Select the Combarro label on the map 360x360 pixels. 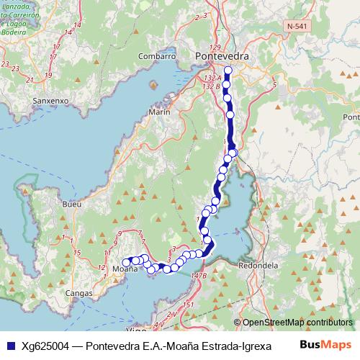157,56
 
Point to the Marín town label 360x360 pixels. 158,112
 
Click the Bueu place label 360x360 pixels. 72,204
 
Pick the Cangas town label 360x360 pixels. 79,293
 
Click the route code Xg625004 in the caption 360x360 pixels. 45,345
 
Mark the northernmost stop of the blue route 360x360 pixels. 228,71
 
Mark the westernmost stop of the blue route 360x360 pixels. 127,262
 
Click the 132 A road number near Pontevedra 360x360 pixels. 213,77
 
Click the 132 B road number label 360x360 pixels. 212,86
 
